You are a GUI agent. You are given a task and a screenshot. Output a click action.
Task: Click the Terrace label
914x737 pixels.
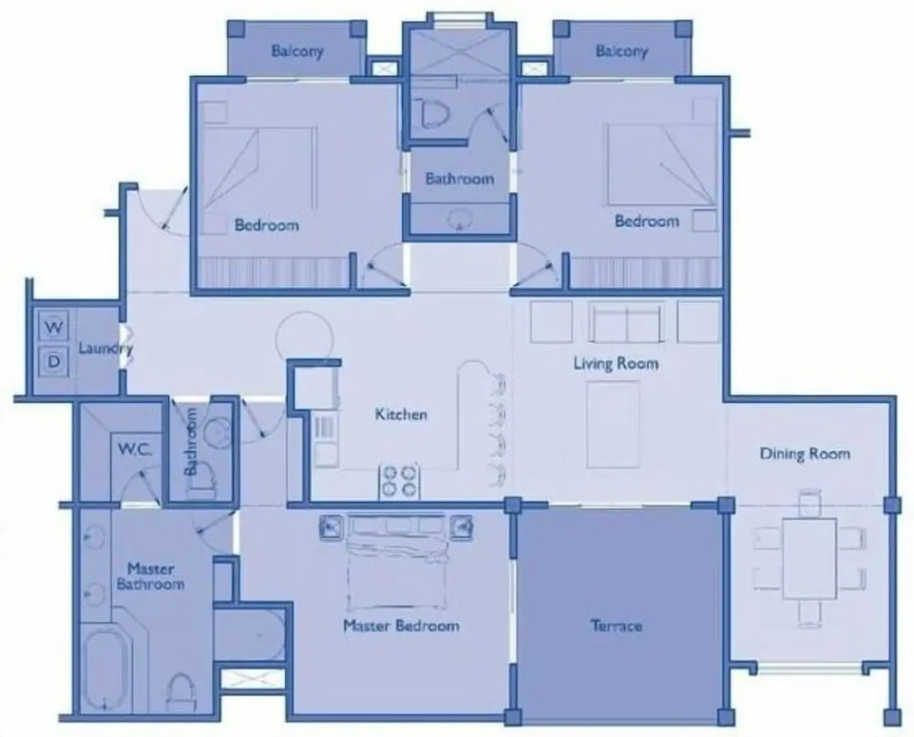pyautogui.click(x=616, y=626)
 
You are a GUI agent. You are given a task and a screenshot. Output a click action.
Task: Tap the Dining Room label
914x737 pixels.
pyautogui.click(x=805, y=453)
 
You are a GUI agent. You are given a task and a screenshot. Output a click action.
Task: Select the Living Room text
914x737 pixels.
pyautogui.click(x=616, y=364)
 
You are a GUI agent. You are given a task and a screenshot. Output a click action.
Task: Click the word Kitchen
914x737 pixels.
pyautogui.click(x=400, y=415)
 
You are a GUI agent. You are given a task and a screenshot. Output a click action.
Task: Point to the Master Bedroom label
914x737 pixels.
pyautogui.click(x=401, y=626)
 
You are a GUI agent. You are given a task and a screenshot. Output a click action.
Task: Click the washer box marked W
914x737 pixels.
pyautogui.click(x=54, y=326)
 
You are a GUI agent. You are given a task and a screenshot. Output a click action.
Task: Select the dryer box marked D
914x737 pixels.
pyautogui.click(x=54, y=362)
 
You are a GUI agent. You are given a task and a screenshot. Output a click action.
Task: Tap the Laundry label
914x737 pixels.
pyautogui.click(x=106, y=349)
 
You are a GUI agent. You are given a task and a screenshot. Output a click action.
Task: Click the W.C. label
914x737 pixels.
pyautogui.click(x=134, y=449)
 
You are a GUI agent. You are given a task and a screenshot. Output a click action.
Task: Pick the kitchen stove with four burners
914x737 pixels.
pyautogui.click(x=399, y=481)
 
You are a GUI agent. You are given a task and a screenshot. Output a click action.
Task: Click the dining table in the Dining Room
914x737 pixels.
pyautogui.click(x=809, y=559)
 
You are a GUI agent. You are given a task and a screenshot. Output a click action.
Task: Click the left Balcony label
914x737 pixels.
pyautogui.click(x=297, y=51)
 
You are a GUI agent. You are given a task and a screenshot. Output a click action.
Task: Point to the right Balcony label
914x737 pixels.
pyautogui.click(x=621, y=51)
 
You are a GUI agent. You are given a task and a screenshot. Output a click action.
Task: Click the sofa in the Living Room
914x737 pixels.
pyautogui.click(x=626, y=321)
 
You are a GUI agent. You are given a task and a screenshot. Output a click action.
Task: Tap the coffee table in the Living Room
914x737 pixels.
pyautogui.click(x=613, y=424)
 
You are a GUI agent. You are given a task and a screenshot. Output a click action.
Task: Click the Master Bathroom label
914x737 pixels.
pyautogui.click(x=151, y=576)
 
